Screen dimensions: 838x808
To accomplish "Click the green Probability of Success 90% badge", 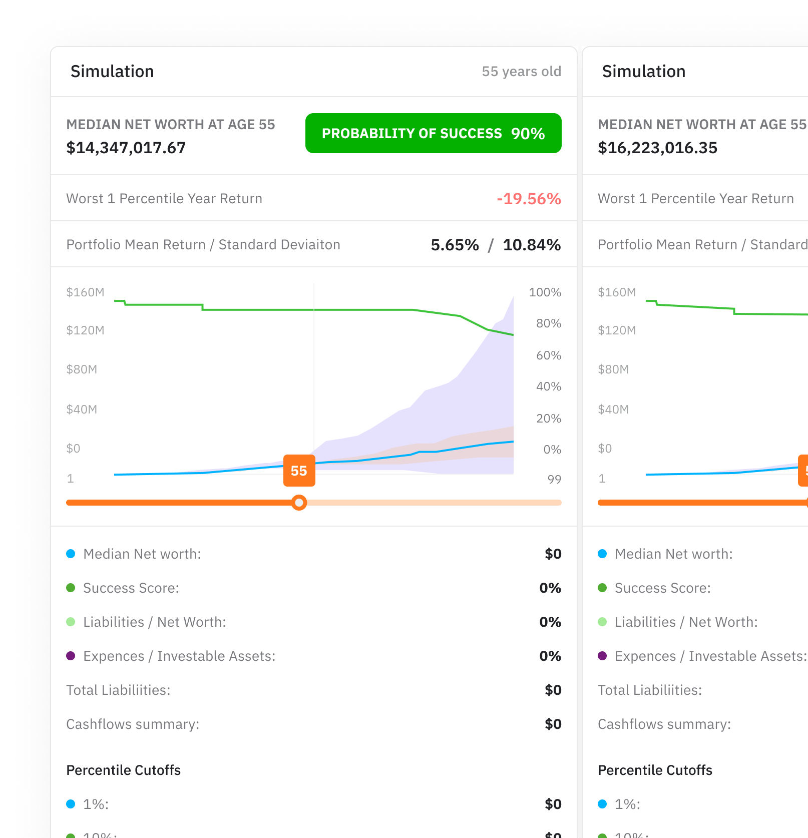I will tap(433, 133).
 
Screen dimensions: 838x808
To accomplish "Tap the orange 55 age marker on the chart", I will tap(299, 471).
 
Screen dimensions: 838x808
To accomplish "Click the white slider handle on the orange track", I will tap(299, 503).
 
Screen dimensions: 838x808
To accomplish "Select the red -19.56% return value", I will tap(529, 199).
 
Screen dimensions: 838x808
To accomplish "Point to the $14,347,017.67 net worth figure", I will tap(126, 148).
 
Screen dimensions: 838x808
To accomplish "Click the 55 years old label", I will tap(521, 72).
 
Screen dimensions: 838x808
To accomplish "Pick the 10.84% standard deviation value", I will tap(532, 245).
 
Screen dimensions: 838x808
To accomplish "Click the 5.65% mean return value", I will tap(455, 245).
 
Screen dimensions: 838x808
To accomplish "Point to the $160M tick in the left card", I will tap(85, 292).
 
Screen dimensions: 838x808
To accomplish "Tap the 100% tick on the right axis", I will tap(545, 292).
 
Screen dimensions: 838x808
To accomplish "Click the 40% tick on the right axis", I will tap(548, 386).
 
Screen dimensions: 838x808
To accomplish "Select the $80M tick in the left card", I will tap(82, 369).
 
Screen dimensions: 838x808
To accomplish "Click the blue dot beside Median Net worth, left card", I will tap(71, 554).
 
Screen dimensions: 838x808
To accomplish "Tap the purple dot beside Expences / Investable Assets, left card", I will tap(71, 656).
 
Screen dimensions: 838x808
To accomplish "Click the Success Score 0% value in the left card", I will tap(550, 588).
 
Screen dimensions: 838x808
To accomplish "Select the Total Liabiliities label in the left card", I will tap(118, 690).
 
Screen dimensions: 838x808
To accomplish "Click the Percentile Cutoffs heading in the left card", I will tap(123, 770).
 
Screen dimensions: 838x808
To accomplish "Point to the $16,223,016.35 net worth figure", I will tap(657, 148).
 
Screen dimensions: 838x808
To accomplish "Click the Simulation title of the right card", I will tap(643, 72).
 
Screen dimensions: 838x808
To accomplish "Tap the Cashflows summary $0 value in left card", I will tap(553, 724).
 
